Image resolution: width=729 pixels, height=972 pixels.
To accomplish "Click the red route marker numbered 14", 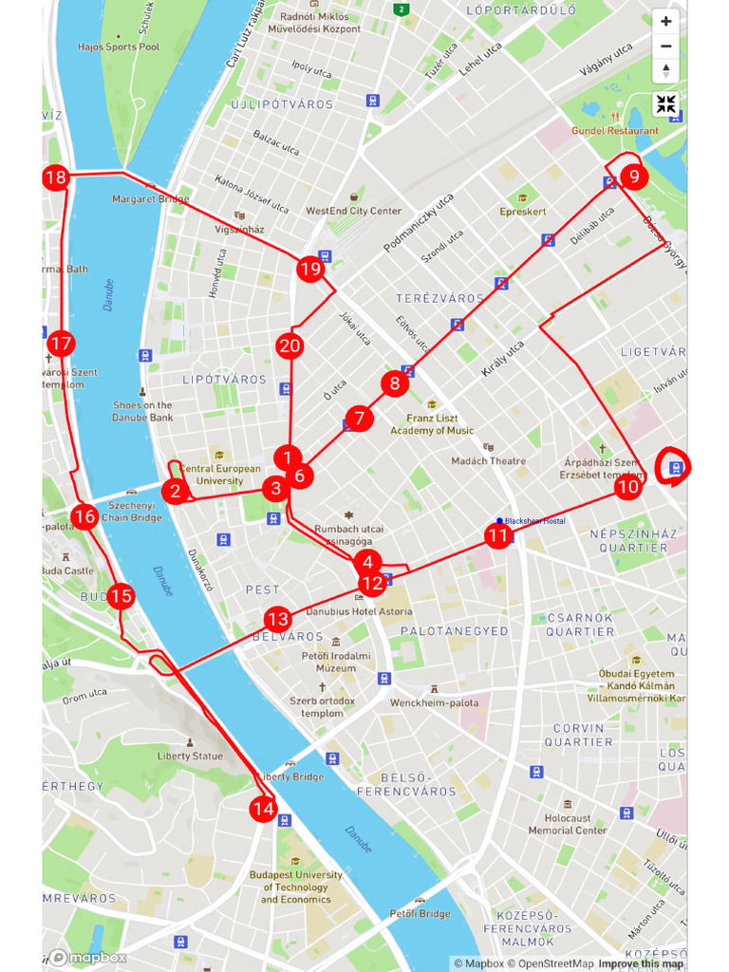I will click(263, 810).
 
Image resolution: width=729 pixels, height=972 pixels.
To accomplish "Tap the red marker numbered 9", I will click(633, 176).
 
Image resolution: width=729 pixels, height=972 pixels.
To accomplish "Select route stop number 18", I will click(56, 178).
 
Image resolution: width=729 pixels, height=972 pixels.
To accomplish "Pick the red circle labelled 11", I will click(497, 535).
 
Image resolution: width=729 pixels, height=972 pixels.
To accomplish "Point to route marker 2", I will click(175, 491).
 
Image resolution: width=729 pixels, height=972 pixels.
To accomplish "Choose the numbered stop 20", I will click(290, 346).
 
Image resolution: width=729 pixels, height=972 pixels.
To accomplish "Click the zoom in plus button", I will click(665, 21).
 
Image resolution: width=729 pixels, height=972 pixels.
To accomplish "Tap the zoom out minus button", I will click(665, 46).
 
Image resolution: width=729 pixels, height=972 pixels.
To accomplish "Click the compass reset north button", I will click(665, 70).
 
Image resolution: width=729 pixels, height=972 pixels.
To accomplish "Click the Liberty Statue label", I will click(190, 757).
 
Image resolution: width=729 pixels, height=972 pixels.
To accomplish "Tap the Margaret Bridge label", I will click(150, 199).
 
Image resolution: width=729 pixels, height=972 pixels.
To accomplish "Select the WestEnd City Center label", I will click(353, 211).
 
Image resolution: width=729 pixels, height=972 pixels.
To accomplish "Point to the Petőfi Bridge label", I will click(420, 913).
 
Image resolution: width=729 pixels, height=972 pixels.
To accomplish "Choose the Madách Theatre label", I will click(488, 461).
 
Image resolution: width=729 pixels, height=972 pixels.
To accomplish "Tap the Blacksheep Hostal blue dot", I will click(499, 520).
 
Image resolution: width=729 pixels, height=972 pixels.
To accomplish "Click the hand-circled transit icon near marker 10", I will click(675, 466).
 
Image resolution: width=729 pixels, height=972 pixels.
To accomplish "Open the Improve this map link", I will click(640, 963).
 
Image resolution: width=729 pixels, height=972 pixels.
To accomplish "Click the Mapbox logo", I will click(87, 958).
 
